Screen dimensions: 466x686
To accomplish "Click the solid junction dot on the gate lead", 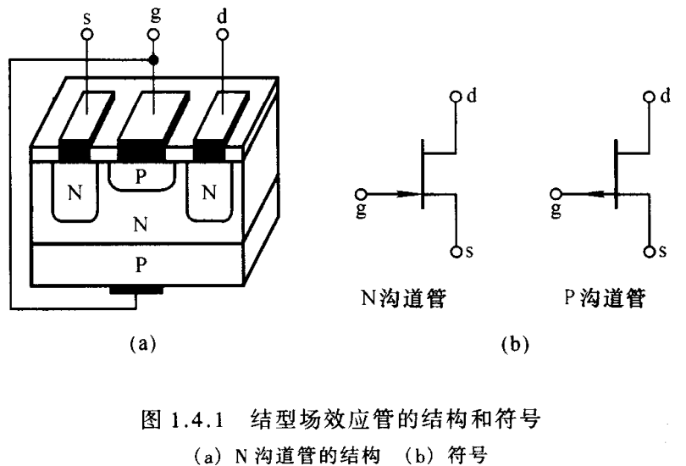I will [153, 60].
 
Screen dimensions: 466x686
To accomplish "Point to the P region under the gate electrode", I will [142, 176].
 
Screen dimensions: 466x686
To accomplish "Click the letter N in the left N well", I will [75, 192].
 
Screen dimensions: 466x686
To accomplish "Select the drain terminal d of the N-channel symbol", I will [456, 97].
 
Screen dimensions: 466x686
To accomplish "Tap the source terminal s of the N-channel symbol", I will [456, 252].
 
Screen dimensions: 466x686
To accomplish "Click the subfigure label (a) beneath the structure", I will [141, 343].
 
